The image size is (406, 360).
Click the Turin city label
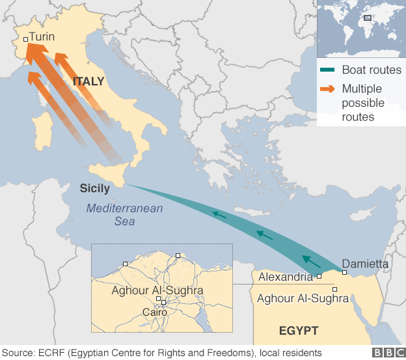[42, 38]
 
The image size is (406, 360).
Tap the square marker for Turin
[25, 39]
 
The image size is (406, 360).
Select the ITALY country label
[88, 82]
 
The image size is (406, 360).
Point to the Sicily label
[94, 189]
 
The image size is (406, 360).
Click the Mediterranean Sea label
[124, 215]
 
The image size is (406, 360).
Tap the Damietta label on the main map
[365, 264]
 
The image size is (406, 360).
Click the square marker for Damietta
[344, 272]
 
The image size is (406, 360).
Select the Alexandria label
[286, 277]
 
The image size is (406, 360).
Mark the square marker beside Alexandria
[319, 277]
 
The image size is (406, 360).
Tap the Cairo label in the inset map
[155, 312]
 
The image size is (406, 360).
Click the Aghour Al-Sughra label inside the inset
[157, 290]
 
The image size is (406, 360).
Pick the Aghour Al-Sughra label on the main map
[303, 299]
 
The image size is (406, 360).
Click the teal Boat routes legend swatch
[328, 70]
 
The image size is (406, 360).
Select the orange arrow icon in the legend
[328, 89]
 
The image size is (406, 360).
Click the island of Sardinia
[43, 137]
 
